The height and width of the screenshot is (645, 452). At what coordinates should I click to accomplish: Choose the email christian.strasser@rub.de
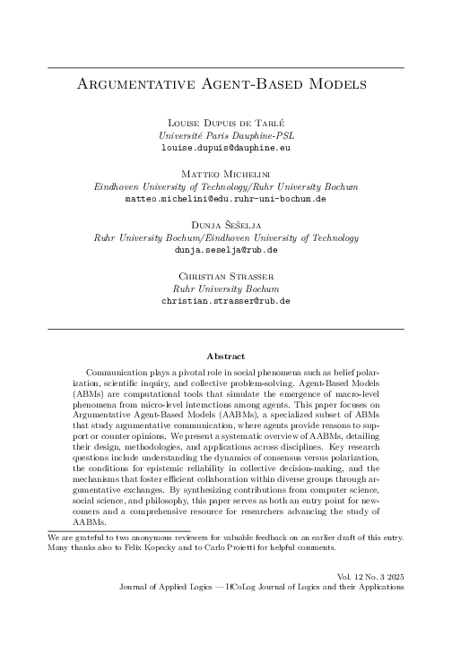(225, 303)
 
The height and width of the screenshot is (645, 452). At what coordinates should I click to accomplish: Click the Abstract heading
(225, 356)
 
